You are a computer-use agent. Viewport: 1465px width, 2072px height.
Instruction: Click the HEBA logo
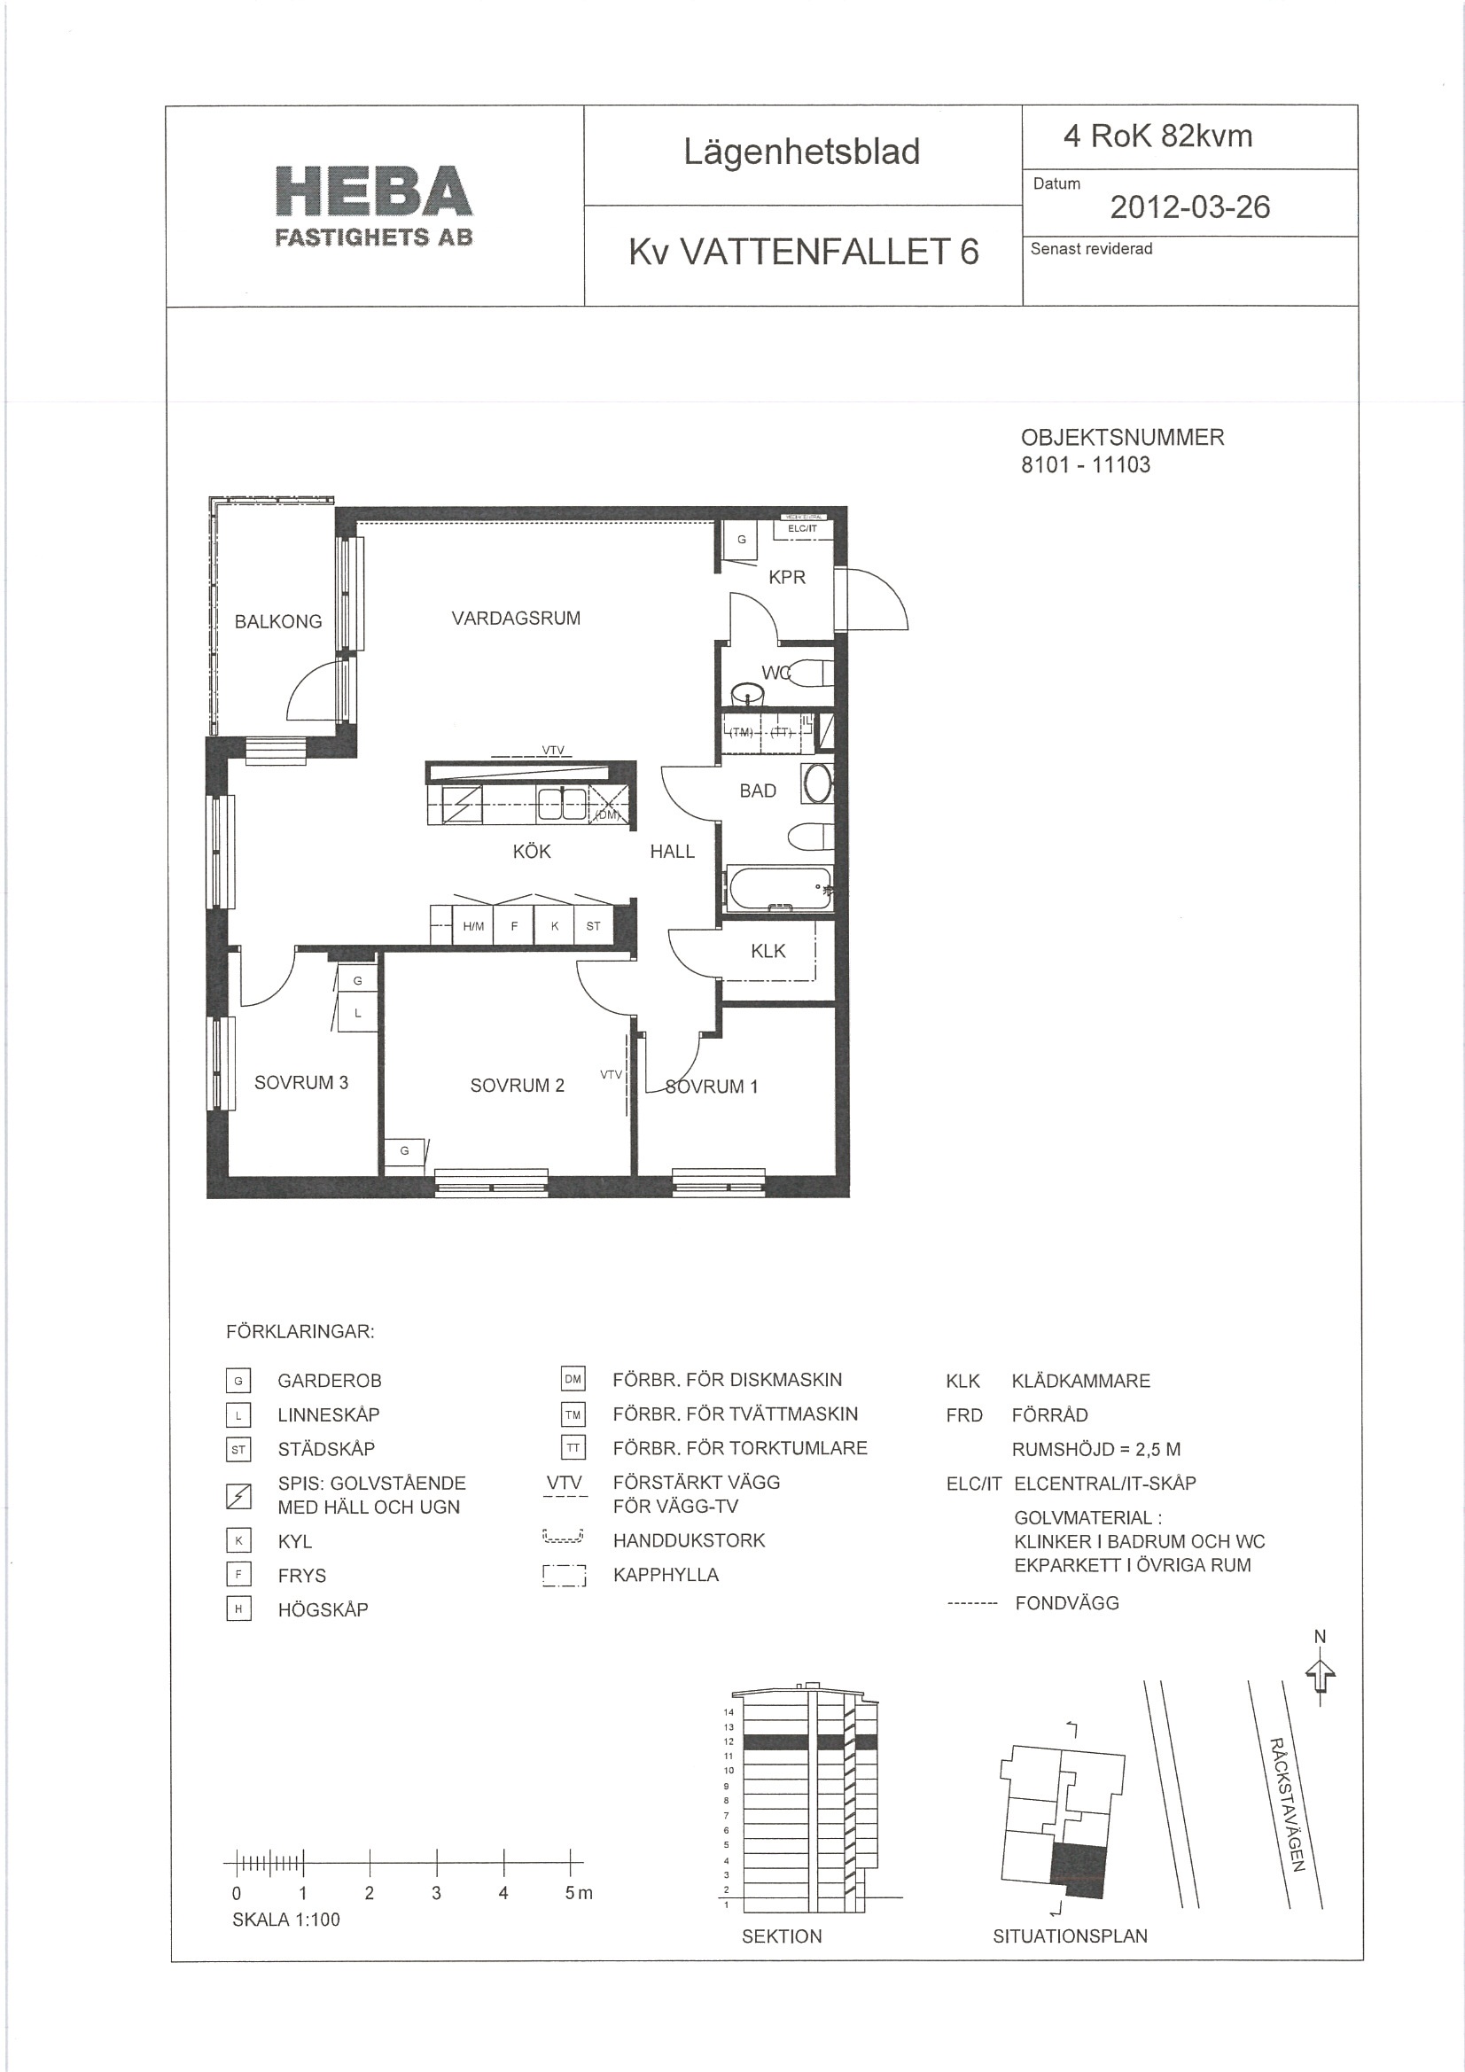[x=374, y=206]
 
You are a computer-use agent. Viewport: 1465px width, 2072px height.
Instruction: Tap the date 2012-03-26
[x=1189, y=207]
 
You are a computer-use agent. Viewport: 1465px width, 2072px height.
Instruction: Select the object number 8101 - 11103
[x=1085, y=464]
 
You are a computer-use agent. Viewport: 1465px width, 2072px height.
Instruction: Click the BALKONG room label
[x=278, y=622]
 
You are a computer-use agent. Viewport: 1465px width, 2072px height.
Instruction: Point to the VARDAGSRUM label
[x=517, y=619]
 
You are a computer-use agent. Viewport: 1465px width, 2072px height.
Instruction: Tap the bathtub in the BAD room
[x=779, y=888]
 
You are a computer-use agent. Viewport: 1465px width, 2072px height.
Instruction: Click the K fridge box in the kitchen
[x=554, y=926]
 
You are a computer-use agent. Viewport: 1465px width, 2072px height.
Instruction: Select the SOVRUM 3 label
[x=300, y=1082]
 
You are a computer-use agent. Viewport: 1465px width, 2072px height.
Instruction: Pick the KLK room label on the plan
[x=768, y=950]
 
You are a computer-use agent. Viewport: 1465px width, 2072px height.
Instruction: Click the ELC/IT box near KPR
[x=802, y=528]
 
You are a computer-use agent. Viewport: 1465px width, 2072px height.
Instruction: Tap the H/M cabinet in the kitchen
[x=473, y=926]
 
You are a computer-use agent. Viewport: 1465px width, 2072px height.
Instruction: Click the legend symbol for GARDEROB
[x=238, y=1380]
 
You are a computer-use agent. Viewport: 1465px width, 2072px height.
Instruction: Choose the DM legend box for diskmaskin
[x=573, y=1379]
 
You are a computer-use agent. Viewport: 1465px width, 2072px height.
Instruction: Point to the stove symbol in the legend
[x=238, y=1495]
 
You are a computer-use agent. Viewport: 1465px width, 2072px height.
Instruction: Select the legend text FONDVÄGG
[x=1067, y=1602]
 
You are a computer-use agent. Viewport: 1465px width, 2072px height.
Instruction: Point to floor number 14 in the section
[x=729, y=1712]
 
